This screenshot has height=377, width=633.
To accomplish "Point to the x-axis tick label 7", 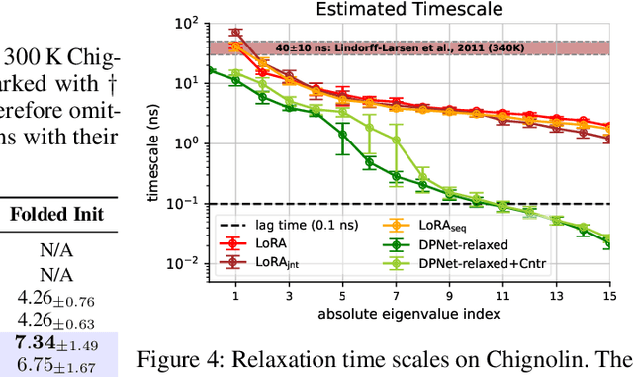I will (x=396, y=296).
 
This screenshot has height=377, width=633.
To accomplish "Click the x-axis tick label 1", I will (x=234, y=296).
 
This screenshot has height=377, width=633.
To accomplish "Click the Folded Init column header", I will (x=62, y=215).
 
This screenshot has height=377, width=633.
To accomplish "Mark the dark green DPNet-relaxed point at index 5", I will (x=342, y=133).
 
